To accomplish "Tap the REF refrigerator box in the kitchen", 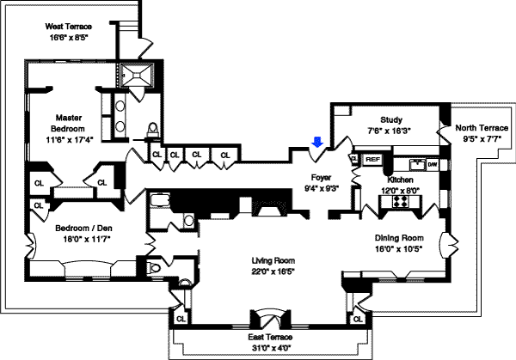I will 372,160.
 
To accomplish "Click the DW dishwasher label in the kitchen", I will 433,163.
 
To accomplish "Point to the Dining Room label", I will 399,238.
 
